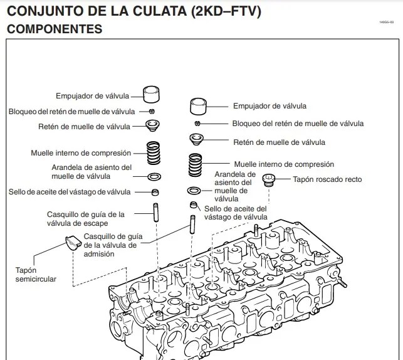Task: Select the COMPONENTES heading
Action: point(54,29)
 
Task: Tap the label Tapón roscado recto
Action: point(327,179)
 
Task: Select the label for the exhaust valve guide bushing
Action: point(85,218)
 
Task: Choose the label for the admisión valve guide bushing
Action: point(110,245)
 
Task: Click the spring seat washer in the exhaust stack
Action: point(154,176)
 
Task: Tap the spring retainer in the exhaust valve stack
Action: point(152,125)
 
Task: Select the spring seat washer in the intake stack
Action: point(194,190)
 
